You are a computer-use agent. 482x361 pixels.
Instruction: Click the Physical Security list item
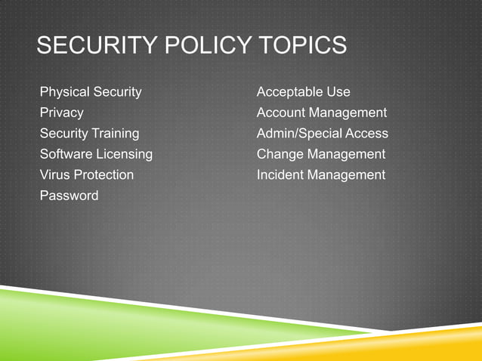tap(91, 92)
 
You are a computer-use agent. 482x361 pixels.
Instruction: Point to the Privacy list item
tap(62, 113)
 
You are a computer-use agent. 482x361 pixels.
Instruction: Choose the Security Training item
tap(89, 134)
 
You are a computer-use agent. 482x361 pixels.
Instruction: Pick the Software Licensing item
tap(96, 154)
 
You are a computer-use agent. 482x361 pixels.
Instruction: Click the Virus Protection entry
tap(87, 175)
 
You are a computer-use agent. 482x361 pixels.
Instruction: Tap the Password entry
tap(69, 196)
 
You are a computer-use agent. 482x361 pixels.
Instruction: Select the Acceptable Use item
tap(304, 92)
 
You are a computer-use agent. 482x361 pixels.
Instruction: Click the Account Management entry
tap(322, 113)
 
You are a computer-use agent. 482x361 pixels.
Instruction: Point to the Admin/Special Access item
tap(323, 134)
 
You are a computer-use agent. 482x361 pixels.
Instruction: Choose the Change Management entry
tap(321, 154)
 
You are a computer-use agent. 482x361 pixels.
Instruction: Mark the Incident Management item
tap(321, 175)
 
